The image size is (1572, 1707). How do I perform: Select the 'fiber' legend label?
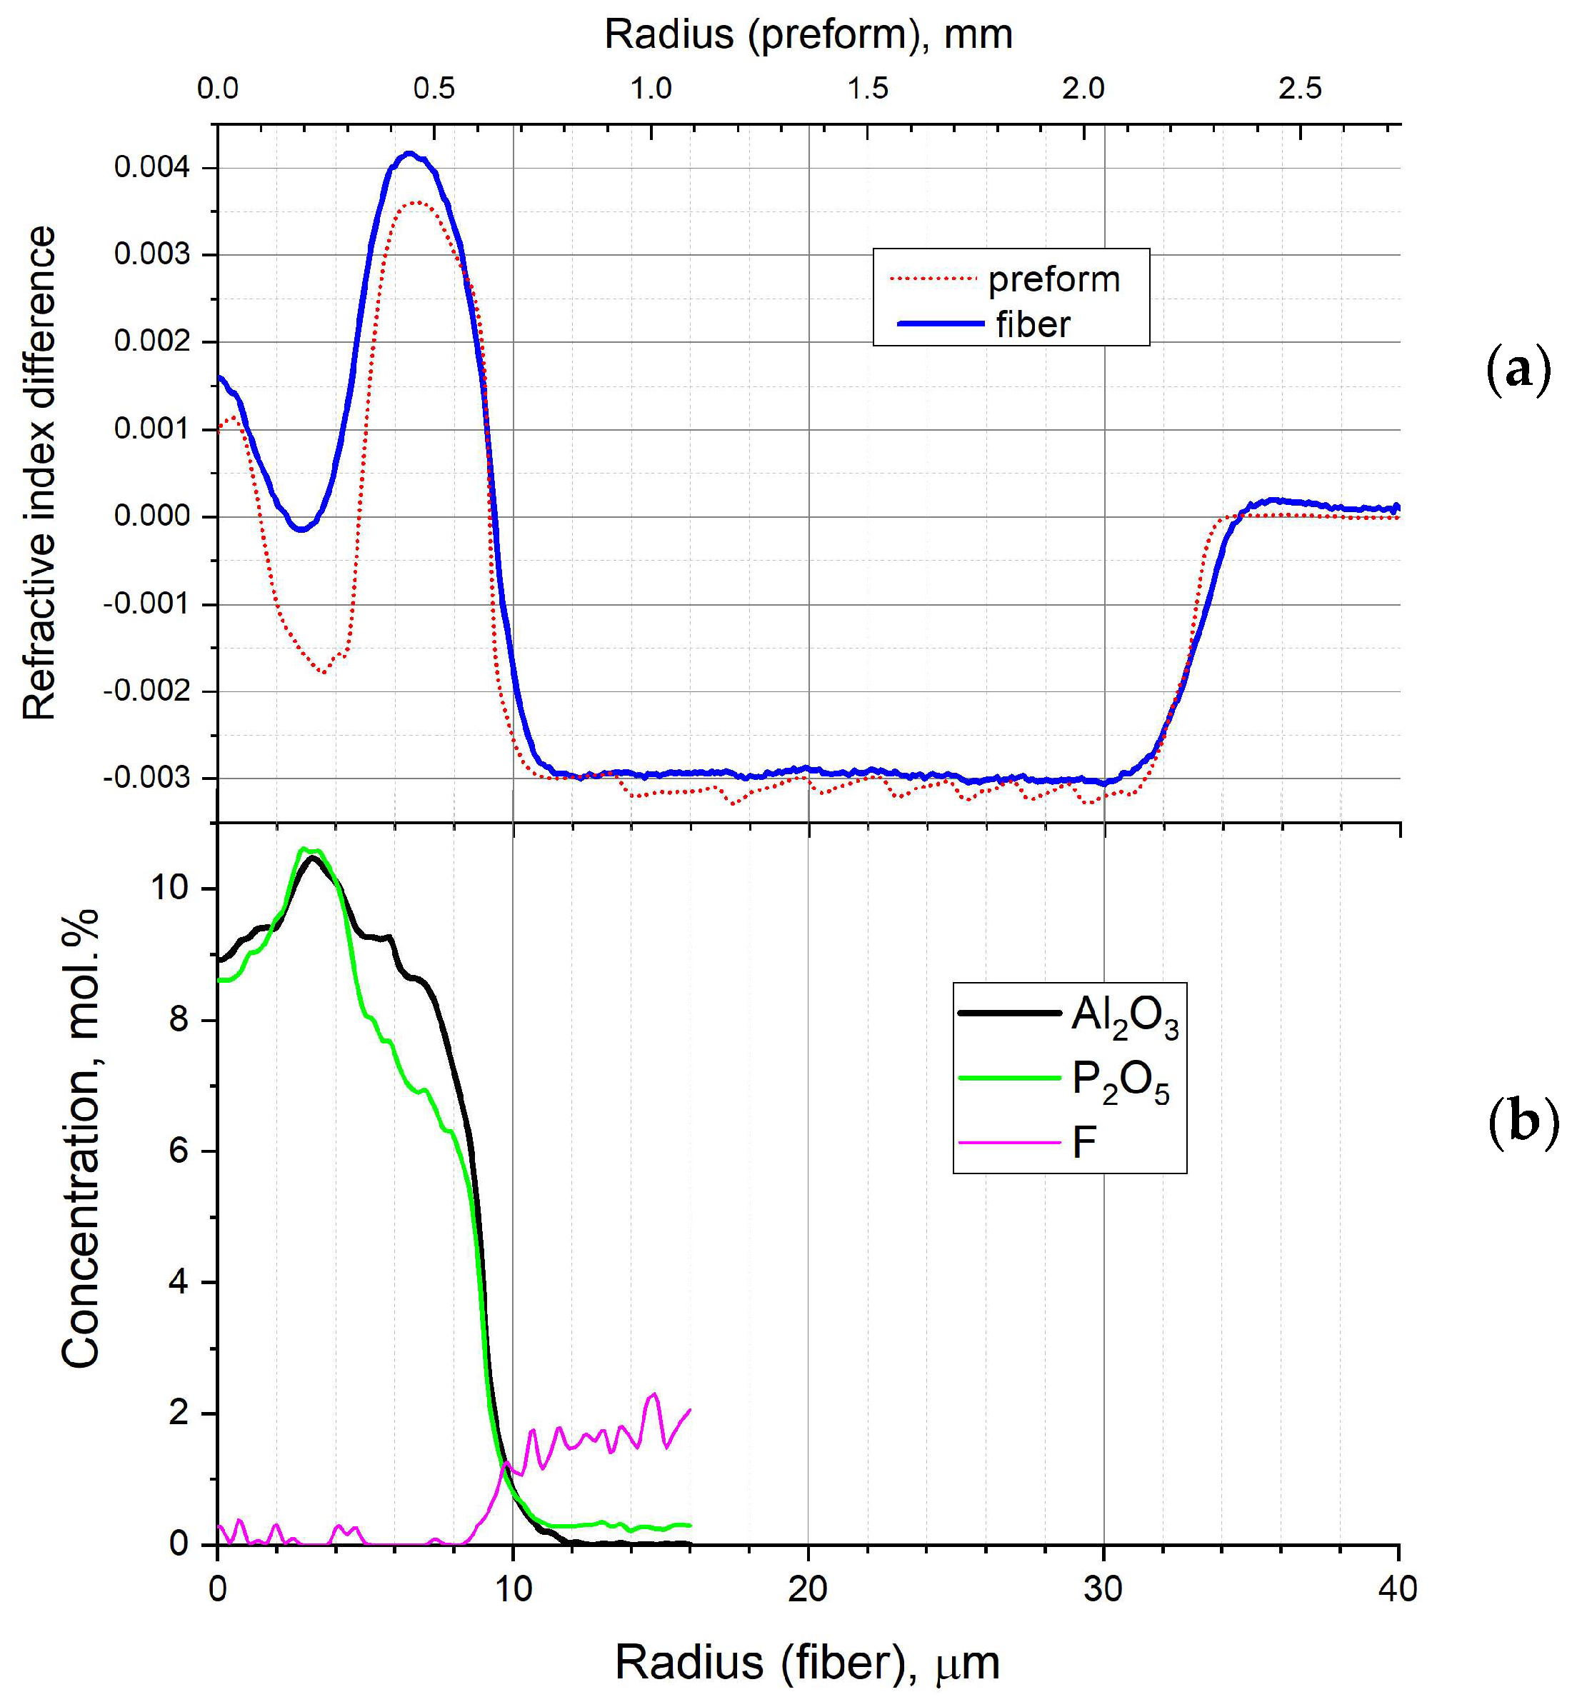click(x=1033, y=325)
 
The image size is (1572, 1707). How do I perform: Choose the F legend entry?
click(x=1083, y=1142)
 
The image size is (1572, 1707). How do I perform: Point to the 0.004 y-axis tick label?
click(x=152, y=166)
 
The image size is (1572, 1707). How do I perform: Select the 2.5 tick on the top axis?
click(x=1300, y=89)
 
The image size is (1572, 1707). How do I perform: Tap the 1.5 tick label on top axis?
click(x=868, y=89)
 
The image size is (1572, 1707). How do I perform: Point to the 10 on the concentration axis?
click(x=169, y=888)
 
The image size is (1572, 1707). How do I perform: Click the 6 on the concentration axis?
click(x=179, y=1151)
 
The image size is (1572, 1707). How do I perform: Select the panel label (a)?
click(x=1518, y=370)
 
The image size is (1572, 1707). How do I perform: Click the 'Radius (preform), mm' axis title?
click(x=808, y=35)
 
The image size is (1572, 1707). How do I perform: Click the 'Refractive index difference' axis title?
click(x=39, y=473)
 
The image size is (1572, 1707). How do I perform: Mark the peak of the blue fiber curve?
click(x=409, y=154)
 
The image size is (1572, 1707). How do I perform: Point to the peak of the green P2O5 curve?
click(x=304, y=848)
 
